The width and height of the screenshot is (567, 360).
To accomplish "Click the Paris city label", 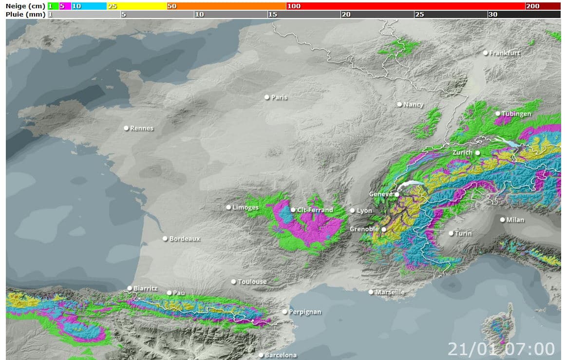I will pos(280,97).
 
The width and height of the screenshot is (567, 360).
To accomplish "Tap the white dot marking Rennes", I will pos(126,128).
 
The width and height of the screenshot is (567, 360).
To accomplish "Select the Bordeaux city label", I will pos(185,239).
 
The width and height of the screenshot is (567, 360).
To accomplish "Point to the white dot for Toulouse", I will pos(234,282).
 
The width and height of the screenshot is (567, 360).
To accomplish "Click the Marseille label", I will pos(390,292).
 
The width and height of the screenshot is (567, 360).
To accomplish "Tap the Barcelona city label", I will pos(281,355).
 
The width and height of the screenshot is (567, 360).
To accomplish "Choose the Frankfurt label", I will pos(505,53).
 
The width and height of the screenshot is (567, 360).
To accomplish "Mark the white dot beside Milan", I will pos(503,219).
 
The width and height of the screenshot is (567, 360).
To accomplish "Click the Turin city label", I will pos(463,233).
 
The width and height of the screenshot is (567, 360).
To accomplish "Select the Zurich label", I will pos(462,152).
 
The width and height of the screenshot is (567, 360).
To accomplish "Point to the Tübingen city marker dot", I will pos(498,114).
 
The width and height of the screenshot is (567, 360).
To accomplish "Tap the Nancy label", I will pos(414,105).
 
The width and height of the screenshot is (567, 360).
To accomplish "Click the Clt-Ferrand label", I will pos(315,210).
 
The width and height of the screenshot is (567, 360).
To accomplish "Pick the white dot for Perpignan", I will pos(285,311).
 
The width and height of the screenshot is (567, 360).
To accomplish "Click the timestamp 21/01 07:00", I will pos(501,349).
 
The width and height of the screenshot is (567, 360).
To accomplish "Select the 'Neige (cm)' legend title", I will pos(25,6).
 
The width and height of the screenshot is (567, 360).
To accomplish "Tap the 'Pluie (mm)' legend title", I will pos(25,14).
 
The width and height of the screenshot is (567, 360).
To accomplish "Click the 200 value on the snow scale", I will pos(533,6).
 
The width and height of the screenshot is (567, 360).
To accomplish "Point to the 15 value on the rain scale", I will pos(273,14).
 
